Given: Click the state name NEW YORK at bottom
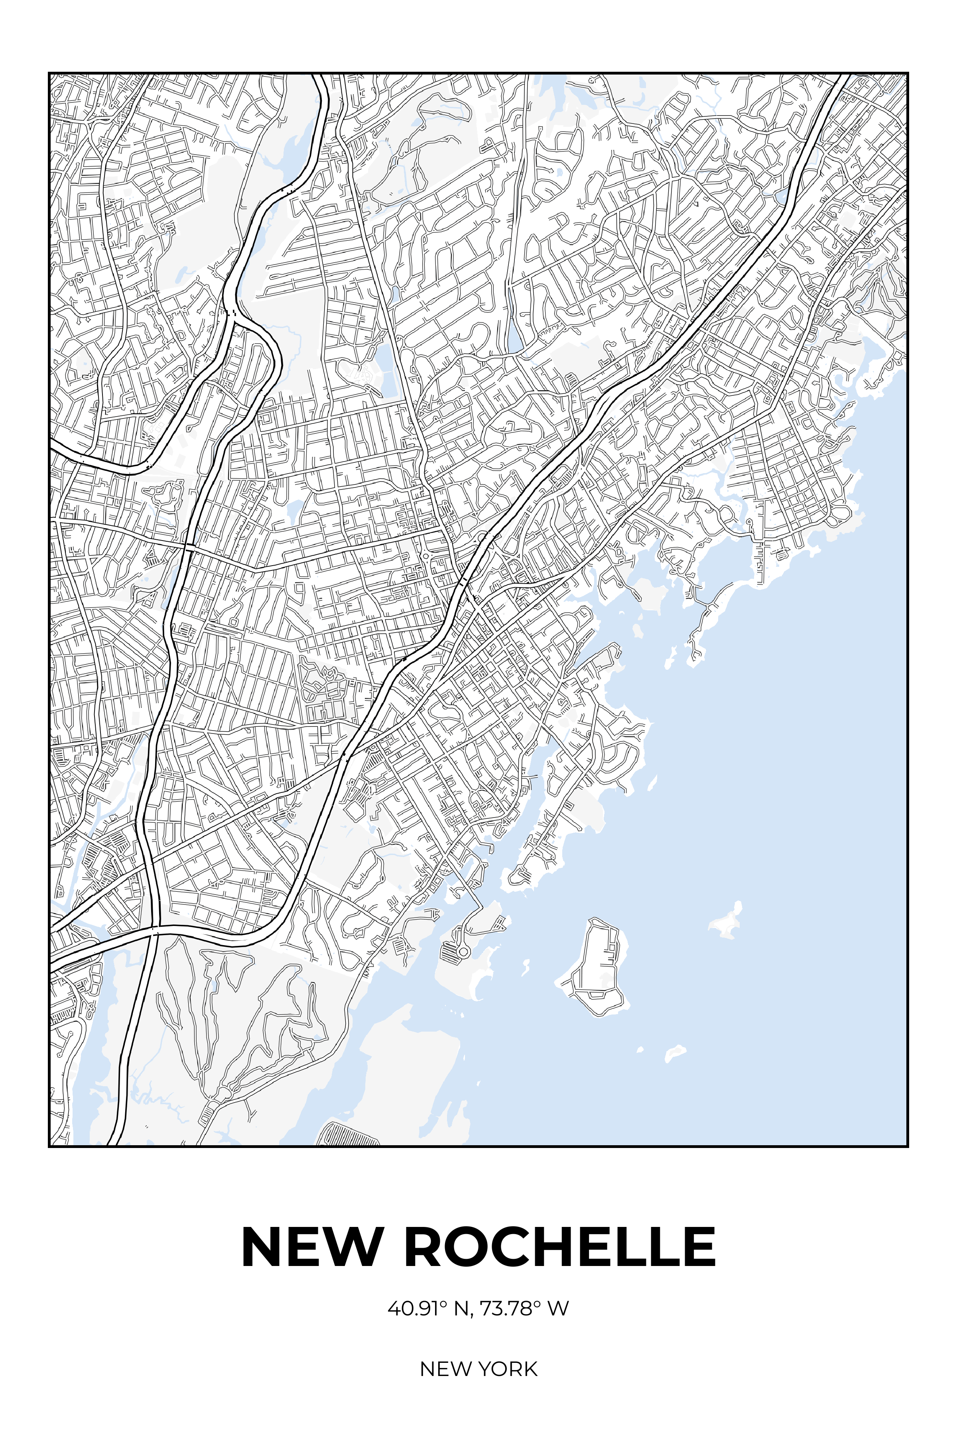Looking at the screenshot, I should tap(478, 1368).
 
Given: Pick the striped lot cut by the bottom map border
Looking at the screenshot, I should tap(351, 1135).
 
